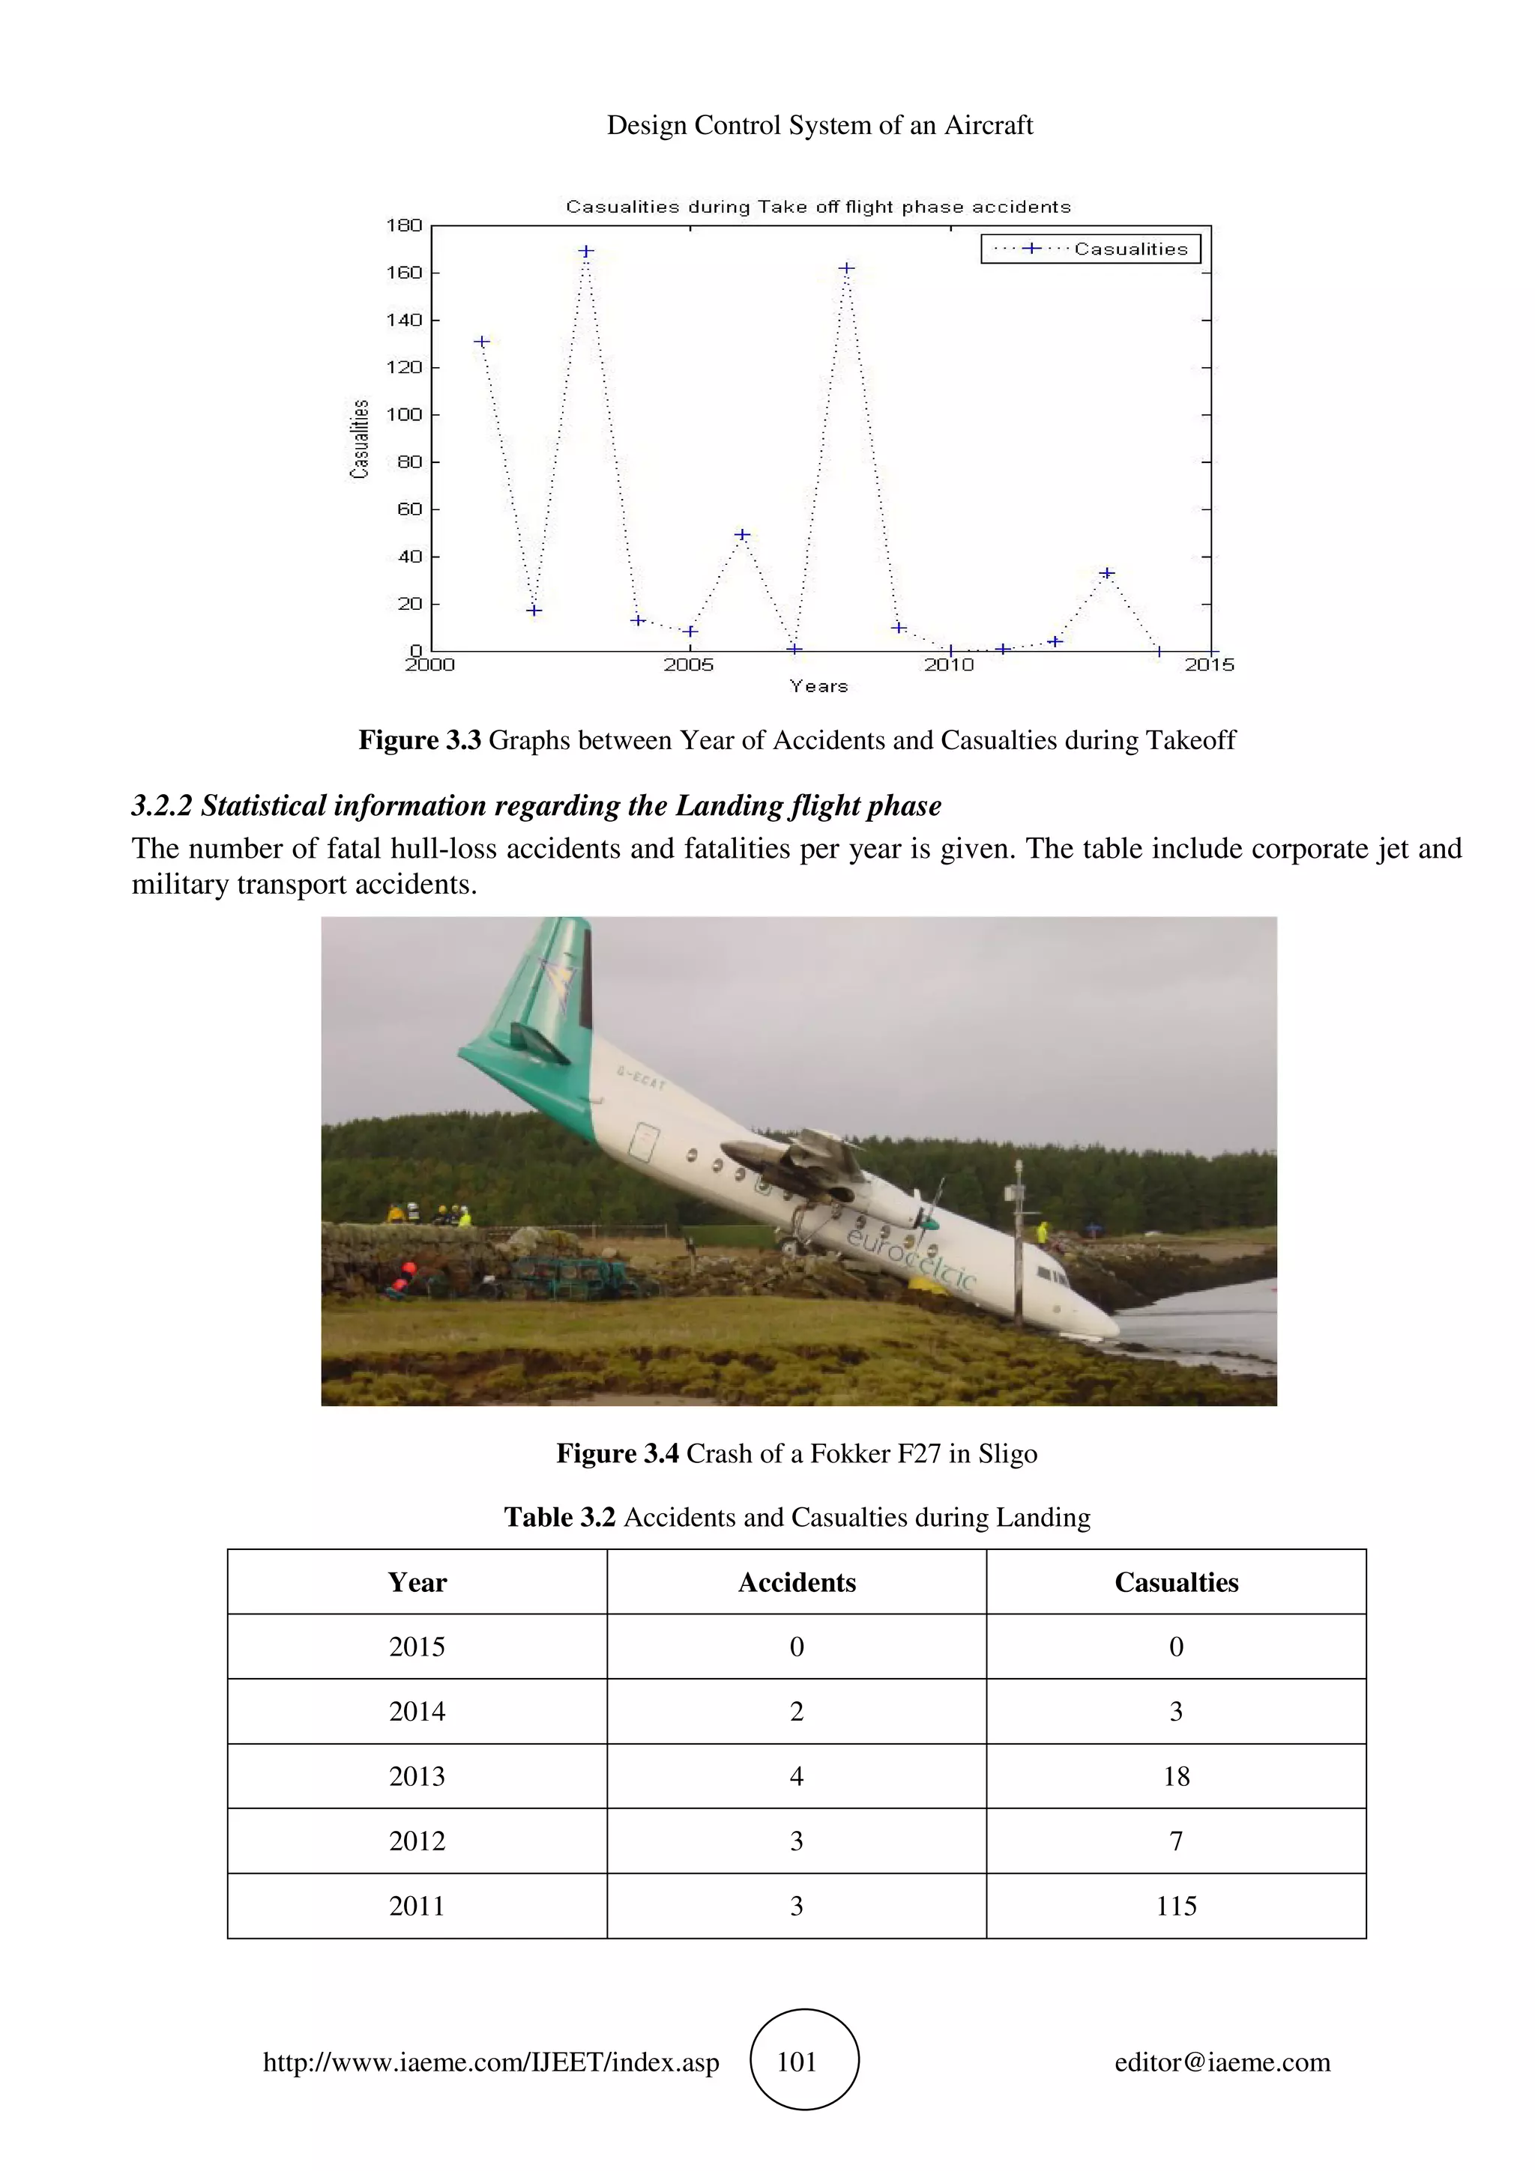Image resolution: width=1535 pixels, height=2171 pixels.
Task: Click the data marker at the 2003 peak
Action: tap(585, 252)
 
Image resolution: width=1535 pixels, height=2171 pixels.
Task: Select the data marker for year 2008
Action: tap(846, 268)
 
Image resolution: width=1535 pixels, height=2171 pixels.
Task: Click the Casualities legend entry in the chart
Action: tap(1091, 249)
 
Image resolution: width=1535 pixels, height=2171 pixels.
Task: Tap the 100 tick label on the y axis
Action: tap(404, 414)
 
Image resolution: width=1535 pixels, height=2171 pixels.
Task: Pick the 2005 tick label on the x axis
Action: tap(689, 664)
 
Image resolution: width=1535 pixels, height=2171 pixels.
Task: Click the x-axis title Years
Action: tap(819, 686)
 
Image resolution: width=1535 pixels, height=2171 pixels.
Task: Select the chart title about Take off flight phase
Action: tap(818, 207)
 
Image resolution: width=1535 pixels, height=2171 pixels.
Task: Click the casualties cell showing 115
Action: tap(1175, 1905)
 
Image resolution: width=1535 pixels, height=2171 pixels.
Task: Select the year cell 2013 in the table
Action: tap(417, 1775)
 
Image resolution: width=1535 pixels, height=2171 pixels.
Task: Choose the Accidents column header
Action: tap(796, 1582)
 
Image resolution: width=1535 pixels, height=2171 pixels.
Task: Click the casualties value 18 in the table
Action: tap(1175, 1775)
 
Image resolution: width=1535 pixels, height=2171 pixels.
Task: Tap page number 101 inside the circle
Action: tap(796, 2062)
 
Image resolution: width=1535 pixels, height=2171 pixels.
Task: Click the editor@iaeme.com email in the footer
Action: tap(1222, 2062)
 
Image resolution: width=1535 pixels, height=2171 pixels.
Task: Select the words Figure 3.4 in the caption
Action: tap(617, 1453)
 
